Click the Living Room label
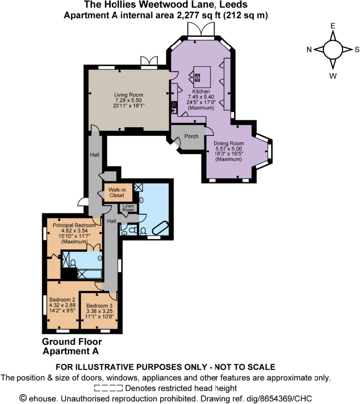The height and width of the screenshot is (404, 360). click(x=128, y=95)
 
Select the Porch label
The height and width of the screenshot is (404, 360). click(x=191, y=136)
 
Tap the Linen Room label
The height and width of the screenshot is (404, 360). click(x=127, y=208)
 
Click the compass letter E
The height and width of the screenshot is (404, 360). click(x=333, y=25)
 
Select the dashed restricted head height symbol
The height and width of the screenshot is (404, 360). click(x=109, y=387)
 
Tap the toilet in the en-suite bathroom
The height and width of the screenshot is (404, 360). click(x=74, y=263)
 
